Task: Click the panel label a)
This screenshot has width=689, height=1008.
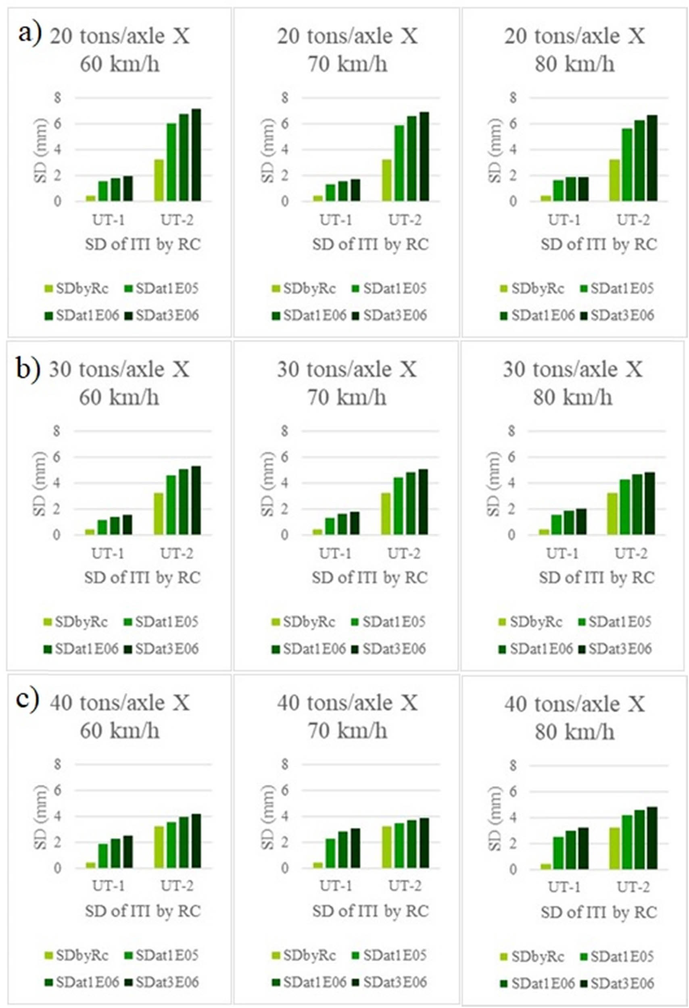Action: pyautogui.click(x=29, y=34)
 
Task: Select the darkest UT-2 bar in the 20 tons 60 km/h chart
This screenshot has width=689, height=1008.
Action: pyautogui.click(x=196, y=155)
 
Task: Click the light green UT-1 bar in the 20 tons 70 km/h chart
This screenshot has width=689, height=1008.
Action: pyautogui.click(x=318, y=198)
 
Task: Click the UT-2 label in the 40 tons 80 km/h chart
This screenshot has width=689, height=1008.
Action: pyautogui.click(x=633, y=887)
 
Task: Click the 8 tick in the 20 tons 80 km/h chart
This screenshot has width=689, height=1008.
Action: pyautogui.click(x=513, y=98)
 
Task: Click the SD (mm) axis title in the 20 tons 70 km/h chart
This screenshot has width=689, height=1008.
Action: pyautogui.click(x=268, y=150)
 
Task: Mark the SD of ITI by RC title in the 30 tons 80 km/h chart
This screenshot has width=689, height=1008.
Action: pyautogui.click(x=597, y=578)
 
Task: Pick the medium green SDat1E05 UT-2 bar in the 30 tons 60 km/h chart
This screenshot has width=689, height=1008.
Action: pyautogui.click(x=171, y=505)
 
